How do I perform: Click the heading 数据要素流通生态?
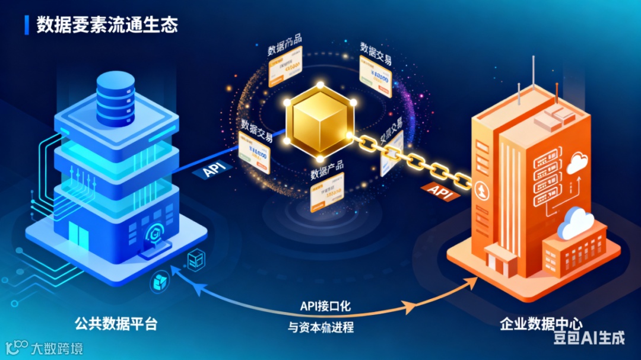pos(107,25)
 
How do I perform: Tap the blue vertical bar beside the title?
pos(27,25)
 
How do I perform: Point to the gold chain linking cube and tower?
pos(415,160)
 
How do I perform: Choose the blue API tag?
pos(212,170)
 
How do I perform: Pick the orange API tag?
pos(441,192)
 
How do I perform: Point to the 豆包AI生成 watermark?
pos(589,338)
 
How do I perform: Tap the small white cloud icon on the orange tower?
pos(576,163)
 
